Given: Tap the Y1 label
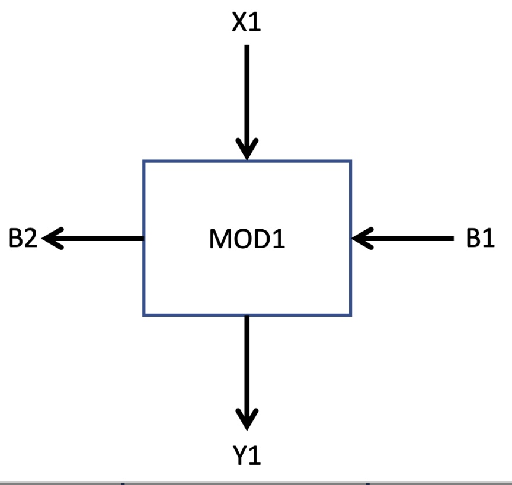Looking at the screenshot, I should [x=247, y=456].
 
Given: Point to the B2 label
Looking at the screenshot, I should [x=23, y=239].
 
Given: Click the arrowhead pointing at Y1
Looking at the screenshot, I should [x=247, y=418].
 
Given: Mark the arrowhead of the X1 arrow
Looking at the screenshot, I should [x=247, y=148].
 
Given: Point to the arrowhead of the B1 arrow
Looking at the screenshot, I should [x=362, y=239].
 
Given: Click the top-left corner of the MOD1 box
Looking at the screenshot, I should [x=144, y=161].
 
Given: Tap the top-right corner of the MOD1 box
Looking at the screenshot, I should [x=351, y=161].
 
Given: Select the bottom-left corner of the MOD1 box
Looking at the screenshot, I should [x=144, y=314].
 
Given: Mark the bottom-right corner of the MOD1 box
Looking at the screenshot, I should [x=351, y=314].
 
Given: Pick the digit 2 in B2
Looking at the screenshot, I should [x=31, y=239].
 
